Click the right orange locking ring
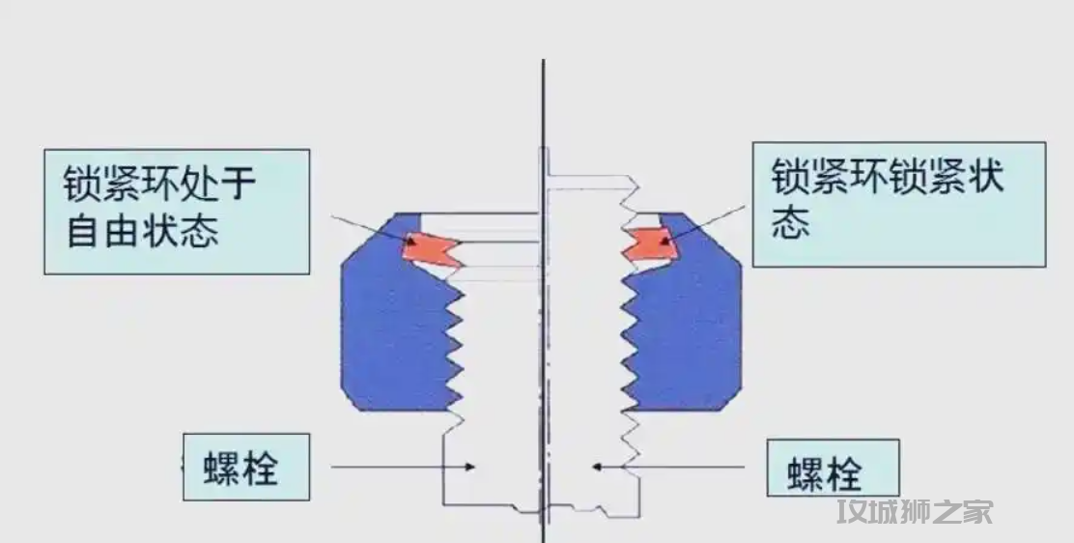pyautogui.click(x=649, y=245)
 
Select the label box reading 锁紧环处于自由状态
pyautogui.click(x=178, y=211)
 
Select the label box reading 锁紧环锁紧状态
pyautogui.click(x=898, y=204)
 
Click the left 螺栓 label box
pyautogui.click(x=246, y=467)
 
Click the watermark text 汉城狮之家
pyautogui.click(x=915, y=511)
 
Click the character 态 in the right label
pyautogui.click(x=791, y=224)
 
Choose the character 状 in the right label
pyautogui.click(x=982, y=177)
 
